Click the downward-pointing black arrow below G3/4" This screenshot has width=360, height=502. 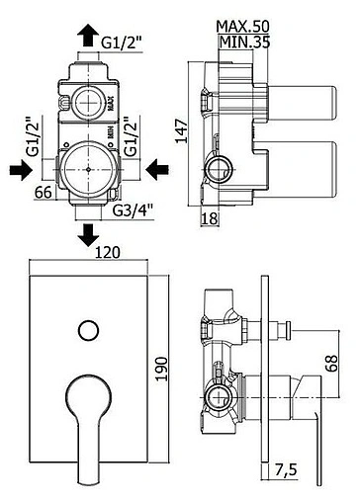pyautogui.click(x=88, y=235)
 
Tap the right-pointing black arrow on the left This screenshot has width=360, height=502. pyautogui.click(x=22, y=170)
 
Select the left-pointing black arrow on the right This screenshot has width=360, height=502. pyautogui.click(x=157, y=170)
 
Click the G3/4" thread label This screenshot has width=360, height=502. pyautogui.click(x=133, y=210)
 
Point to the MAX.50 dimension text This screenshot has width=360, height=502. pyautogui.click(x=243, y=26)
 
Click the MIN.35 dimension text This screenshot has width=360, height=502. pyautogui.click(x=245, y=42)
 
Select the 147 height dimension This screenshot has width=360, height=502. pyautogui.click(x=181, y=131)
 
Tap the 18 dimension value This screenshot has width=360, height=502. pyautogui.click(x=210, y=218)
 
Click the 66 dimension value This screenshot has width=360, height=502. pyautogui.click(x=44, y=193)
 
